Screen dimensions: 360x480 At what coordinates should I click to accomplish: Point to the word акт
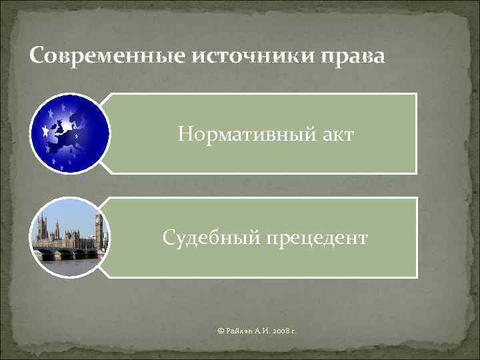click(333, 135)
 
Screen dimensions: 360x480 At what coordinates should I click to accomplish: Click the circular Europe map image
click(69, 133)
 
